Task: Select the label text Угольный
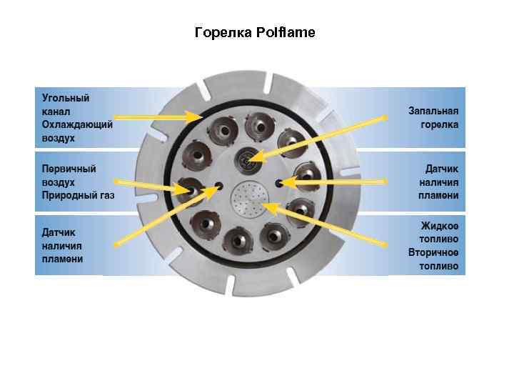coord(65,98)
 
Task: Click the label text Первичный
coord(69,168)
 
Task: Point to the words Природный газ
coord(78,194)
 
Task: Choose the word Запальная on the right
coord(433,111)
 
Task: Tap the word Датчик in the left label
coord(59,232)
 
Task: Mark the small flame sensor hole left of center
coord(218,187)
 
